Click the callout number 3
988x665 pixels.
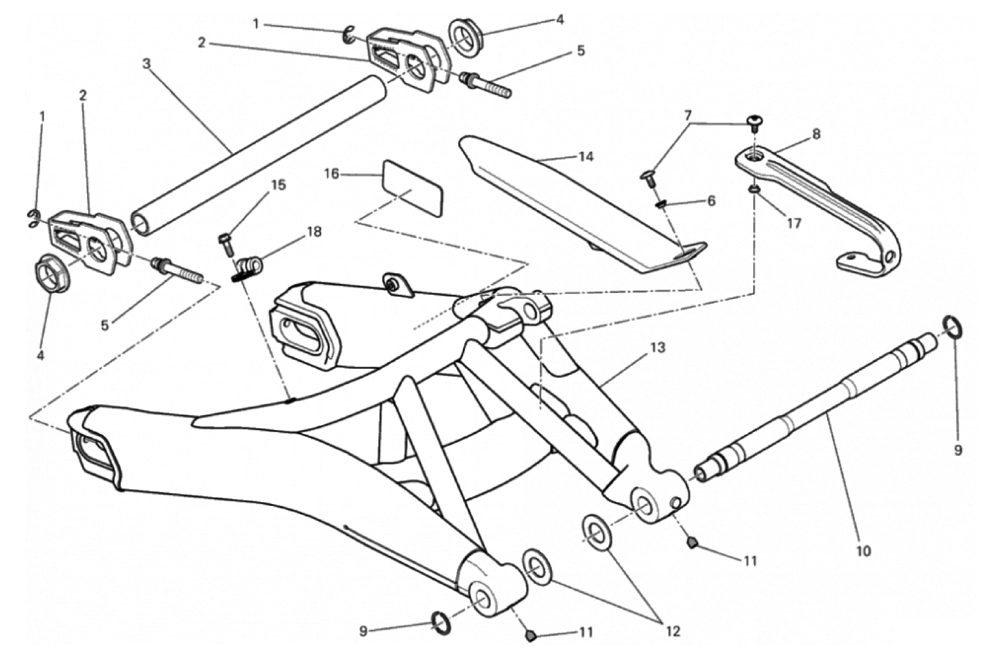coord(147,64)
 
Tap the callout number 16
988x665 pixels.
coord(331,174)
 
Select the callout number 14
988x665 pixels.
coord(586,157)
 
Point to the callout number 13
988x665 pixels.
coord(657,348)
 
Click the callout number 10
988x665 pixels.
coord(864,551)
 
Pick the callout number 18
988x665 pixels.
coord(314,231)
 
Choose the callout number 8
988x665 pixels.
coord(816,134)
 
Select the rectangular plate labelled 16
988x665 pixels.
coord(412,188)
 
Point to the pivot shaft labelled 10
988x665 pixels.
coord(816,409)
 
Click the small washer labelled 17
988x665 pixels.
coord(754,190)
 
